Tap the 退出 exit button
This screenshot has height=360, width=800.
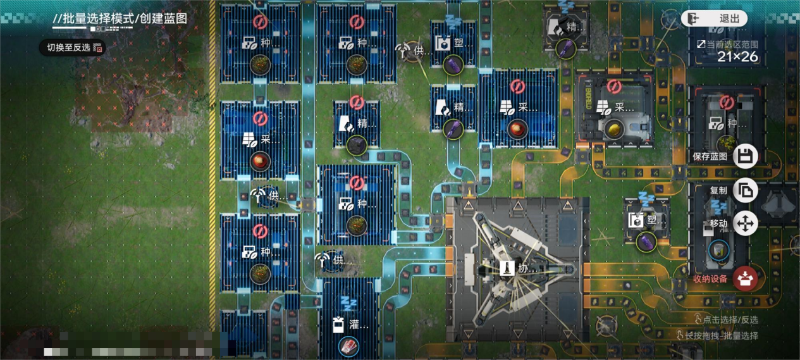click(x=714, y=18)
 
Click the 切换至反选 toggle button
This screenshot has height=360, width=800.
click(x=72, y=47)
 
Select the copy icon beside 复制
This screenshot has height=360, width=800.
click(x=746, y=190)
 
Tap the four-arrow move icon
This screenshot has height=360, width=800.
click(x=746, y=223)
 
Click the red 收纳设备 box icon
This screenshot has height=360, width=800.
click(x=746, y=278)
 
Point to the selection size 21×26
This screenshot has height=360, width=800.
click(x=737, y=57)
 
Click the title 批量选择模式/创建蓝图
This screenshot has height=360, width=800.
click(x=120, y=18)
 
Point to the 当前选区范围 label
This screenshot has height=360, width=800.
click(x=727, y=44)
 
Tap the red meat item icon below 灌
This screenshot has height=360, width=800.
click(x=348, y=345)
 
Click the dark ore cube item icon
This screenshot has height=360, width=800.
click(x=355, y=145)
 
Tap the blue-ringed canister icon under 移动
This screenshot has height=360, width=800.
click(x=718, y=250)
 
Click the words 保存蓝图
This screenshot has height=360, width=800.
click(x=710, y=156)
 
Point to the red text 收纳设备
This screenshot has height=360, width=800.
click(x=710, y=278)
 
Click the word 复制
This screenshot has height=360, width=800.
click(x=718, y=190)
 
